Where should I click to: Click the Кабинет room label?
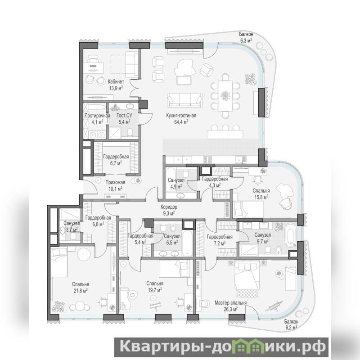click(116, 81)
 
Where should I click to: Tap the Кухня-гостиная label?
click(181, 116)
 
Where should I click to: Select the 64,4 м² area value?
click(181, 122)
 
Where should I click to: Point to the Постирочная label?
click(97, 116)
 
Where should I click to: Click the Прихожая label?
click(115, 182)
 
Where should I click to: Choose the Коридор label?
click(169, 207)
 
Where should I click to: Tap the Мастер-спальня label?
click(230, 303)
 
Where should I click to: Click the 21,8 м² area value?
click(81, 291)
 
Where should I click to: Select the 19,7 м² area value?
click(155, 290)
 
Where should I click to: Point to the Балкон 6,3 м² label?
click(246, 37)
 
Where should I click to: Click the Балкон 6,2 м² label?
click(291, 324)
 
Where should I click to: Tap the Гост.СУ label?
click(124, 116)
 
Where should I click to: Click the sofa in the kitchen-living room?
click(185, 100)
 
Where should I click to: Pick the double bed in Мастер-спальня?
click(247, 279)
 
